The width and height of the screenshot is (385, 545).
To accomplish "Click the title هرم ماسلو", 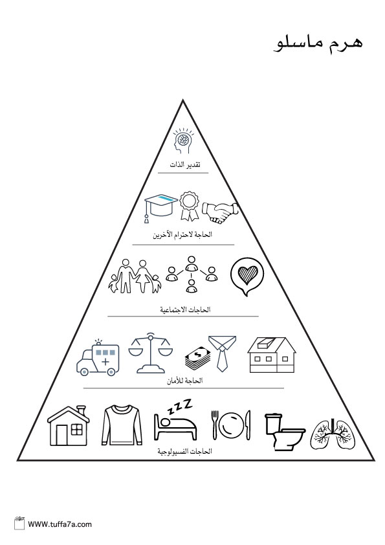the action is click(x=318, y=44).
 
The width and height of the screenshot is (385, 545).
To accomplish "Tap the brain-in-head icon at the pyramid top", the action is click(x=183, y=141).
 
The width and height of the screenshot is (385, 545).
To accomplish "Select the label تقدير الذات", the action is click(x=185, y=164).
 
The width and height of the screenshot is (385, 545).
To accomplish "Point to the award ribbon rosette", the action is click(x=190, y=206).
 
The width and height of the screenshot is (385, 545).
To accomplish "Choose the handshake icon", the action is click(x=220, y=212).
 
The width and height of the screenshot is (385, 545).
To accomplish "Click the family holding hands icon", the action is click(x=135, y=276).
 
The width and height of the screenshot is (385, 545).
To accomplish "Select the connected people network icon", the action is click(x=192, y=274).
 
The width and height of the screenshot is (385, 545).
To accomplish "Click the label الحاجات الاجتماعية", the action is click(x=185, y=309).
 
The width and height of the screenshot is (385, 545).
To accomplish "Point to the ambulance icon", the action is click(x=98, y=358).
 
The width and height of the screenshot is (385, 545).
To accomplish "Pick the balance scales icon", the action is click(x=151, y=353).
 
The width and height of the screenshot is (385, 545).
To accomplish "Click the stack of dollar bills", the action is click(x=198, y=359).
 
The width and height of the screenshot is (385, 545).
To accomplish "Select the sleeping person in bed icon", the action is click(x=175, y=420).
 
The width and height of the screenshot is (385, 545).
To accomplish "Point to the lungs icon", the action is click(x=333, y=434).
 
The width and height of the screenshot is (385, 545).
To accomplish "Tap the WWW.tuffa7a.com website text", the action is click(x=60, y=524).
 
